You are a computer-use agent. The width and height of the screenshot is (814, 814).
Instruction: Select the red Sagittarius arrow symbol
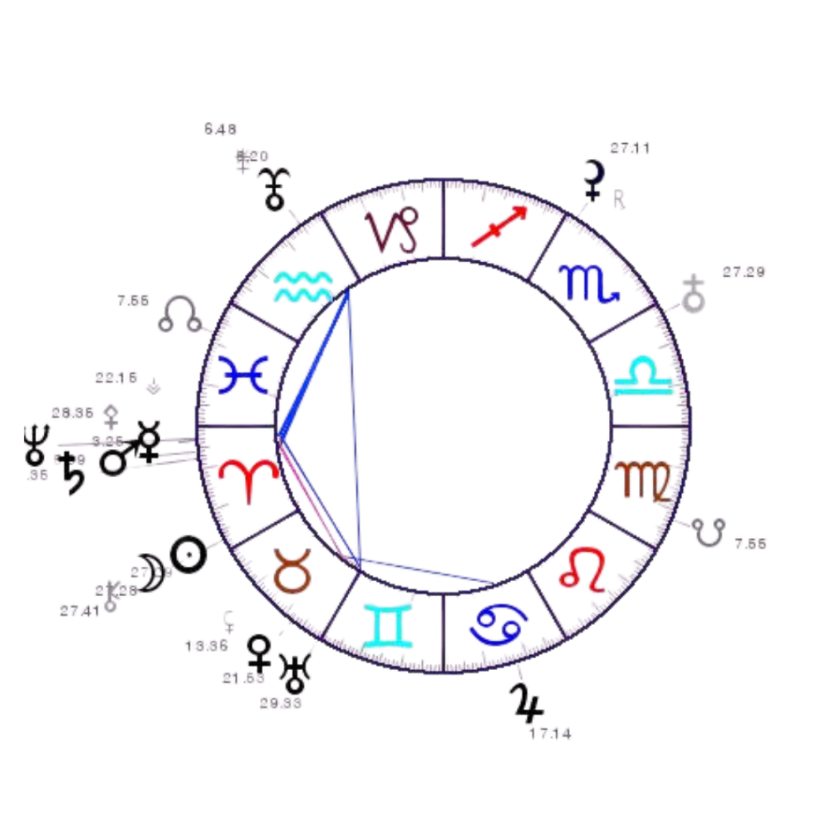[x=498, y=226]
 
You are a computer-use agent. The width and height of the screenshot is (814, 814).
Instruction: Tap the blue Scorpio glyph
[x=589, y=283]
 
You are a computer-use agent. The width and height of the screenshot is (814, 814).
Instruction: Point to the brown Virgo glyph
[x=645, y=480]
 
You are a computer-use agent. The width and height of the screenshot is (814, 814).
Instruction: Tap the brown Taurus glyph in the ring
[x=292, y=570]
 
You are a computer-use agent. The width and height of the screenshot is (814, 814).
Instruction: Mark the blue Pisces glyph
[x=243, y=374]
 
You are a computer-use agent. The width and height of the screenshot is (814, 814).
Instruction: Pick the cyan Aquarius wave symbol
[x=303, y=286]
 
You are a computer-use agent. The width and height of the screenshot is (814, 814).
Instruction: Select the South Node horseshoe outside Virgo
[x=710, y=531]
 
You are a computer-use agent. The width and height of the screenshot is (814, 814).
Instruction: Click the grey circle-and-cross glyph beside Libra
[x=695, y=296]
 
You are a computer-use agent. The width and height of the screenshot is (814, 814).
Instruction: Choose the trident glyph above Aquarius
[x=277, y=188]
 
